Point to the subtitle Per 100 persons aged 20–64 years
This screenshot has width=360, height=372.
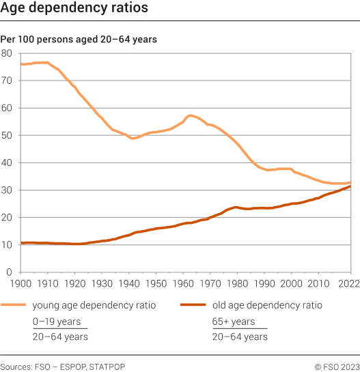pos(79,40)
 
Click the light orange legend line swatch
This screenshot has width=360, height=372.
pos(14,305)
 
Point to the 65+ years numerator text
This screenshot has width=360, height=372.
pos(234,321)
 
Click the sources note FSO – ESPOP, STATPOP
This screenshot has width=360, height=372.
pos(63,367)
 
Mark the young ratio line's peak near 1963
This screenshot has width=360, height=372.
pos(190,115)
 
